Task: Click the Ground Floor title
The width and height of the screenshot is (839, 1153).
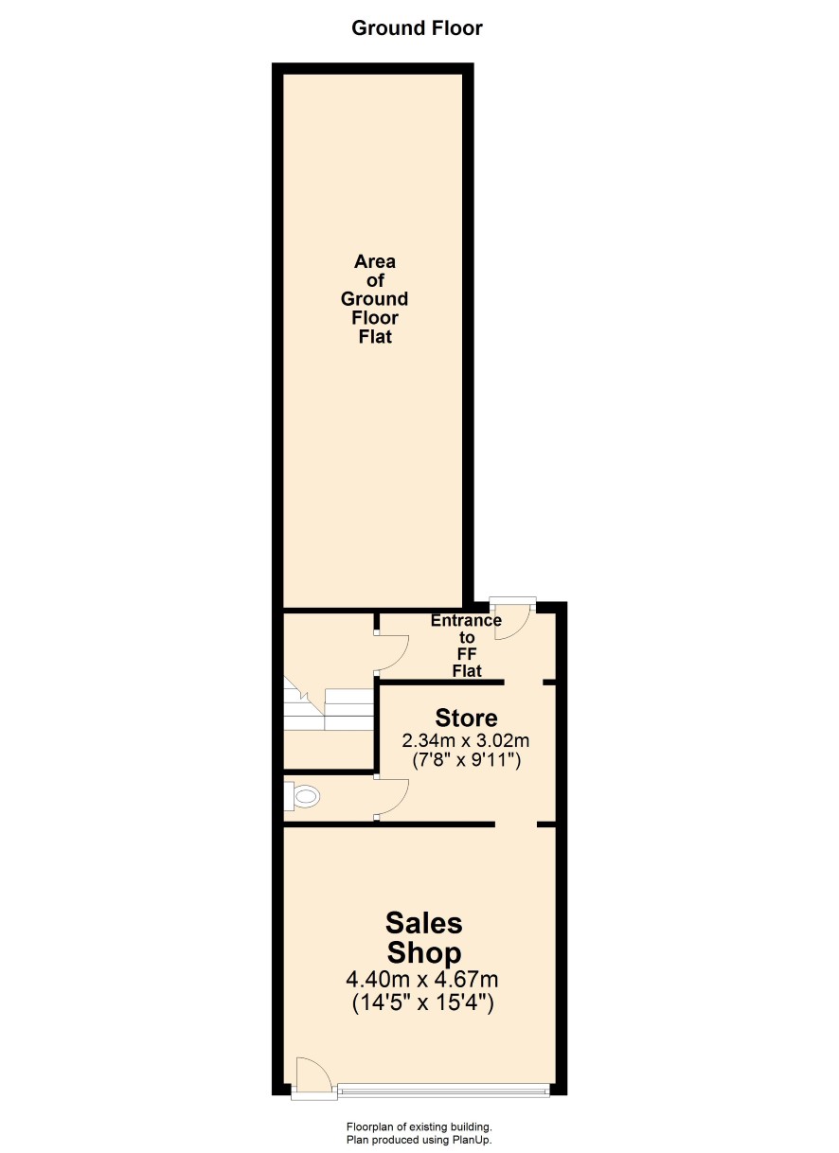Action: click(x=417, y=28)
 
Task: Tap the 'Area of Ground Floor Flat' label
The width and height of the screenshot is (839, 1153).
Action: click(x=374, y=299)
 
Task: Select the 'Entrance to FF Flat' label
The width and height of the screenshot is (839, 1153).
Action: click(x=467, y=646)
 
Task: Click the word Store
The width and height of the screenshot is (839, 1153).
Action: click(x=466, y=718)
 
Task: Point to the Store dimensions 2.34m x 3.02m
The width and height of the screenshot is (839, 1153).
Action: click(x=466, y=740)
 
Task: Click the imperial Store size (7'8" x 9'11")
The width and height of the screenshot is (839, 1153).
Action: click(x=467, y=760)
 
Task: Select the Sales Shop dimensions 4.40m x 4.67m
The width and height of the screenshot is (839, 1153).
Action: click(x=421, y=979)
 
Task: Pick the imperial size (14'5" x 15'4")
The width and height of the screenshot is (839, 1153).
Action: click(x=423, y=1002)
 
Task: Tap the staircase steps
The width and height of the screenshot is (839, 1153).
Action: click(x=329, y=704)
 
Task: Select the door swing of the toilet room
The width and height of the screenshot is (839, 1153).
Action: click(x=391, y=797)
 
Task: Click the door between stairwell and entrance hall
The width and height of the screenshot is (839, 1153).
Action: click(x=391, y=652)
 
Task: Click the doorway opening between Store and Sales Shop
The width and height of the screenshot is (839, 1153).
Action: click(x=516, y=825)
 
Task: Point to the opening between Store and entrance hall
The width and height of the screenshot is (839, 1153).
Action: click(x=524, y=682)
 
